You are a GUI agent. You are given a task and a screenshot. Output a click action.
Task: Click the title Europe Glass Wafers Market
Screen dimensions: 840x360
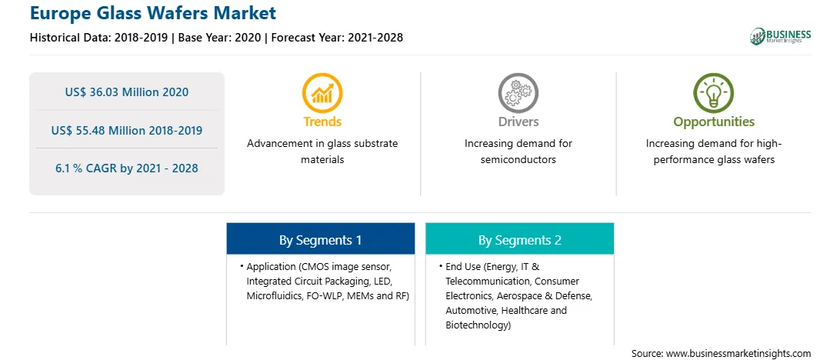coord(153,13)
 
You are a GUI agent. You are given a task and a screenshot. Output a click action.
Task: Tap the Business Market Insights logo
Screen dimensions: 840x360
coord(780,36)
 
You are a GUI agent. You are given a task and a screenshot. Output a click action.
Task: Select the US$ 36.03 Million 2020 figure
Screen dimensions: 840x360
coord(127,92)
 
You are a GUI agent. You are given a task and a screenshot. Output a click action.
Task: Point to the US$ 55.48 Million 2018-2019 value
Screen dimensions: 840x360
coord(127,130)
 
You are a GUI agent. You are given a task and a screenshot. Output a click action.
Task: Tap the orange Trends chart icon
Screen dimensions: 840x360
coord(322,92)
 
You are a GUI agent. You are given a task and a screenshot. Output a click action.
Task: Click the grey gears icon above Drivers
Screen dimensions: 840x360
coord(518,92)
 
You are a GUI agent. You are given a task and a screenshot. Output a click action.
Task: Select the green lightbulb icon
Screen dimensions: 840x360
coord(714,92)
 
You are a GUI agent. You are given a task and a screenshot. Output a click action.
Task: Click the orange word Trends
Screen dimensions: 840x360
coord(322,122)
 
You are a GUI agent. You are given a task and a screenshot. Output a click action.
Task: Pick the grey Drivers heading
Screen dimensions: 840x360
coord(518,122)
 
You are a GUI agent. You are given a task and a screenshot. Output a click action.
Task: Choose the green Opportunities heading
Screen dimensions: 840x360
coord(714,122)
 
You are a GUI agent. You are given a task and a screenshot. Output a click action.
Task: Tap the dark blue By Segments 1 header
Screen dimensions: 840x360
coord(320,239)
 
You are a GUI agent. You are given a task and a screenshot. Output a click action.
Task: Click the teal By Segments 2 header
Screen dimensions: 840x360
coord(520,239)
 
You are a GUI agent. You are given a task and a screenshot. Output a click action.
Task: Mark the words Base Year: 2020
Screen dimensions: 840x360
coord(220,38)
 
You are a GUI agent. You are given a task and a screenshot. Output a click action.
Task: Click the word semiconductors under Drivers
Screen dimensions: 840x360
coord(518,160)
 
